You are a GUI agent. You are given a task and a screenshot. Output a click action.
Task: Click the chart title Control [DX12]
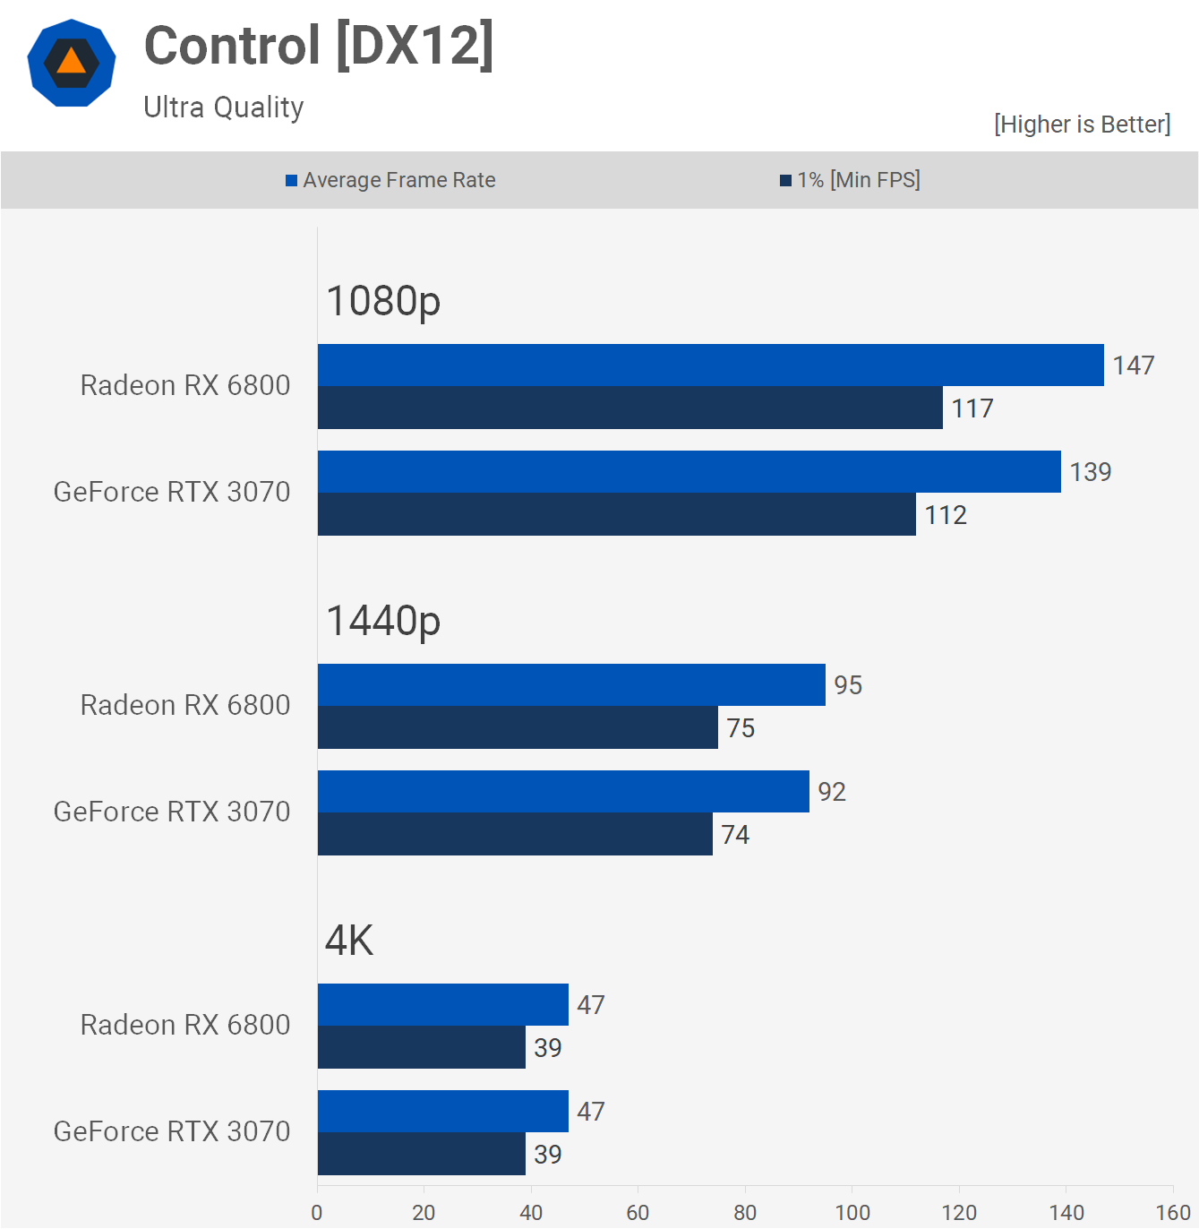319,47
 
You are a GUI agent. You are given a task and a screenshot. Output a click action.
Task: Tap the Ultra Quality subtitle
224,107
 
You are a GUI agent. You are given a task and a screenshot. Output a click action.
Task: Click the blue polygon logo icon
72,63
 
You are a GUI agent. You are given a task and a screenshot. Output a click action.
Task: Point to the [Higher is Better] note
1082,124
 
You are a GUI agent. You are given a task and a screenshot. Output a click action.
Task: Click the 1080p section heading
383,301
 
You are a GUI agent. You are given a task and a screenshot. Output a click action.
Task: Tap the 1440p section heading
383,621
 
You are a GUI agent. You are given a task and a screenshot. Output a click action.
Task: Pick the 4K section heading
349,941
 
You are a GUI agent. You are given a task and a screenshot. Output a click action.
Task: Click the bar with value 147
710,365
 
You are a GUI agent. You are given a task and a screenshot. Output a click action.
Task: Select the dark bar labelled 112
616,514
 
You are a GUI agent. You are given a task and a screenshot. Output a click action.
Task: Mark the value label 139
1090,472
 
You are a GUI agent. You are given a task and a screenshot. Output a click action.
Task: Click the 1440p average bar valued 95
571,685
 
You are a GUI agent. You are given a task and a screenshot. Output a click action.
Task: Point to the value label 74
735,835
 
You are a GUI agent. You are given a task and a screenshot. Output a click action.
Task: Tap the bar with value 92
563,792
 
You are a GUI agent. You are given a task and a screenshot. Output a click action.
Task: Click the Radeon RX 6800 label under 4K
185,1025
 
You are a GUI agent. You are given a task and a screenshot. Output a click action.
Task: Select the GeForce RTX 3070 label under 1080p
172,492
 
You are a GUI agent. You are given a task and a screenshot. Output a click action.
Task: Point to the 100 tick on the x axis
852,1213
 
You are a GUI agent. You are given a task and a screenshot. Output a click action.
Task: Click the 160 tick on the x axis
1172,1213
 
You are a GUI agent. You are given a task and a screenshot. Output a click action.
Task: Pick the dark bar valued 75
518,727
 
